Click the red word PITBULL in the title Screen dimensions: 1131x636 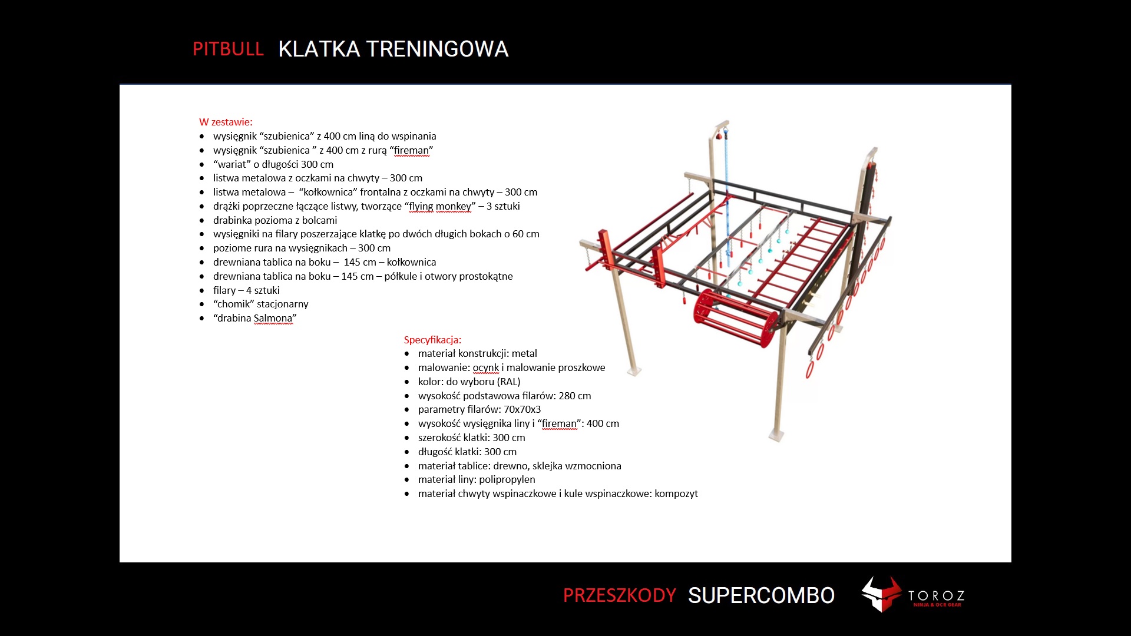pyautogui.click(x=228, y=49)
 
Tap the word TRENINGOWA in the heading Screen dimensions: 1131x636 pyautogui.click(x=437, y=49)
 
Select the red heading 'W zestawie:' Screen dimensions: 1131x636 pyautogui.click(x=226, y=122)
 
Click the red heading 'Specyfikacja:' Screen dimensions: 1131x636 pyautogui.click(x=432, y=340)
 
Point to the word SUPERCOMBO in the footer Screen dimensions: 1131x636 pyautogui.click(x=761, y=595)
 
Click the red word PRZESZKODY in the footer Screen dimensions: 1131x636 pyautogui.click(x=619, y=595)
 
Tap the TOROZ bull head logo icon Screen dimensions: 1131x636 pyautogui.click(x=881, y=594)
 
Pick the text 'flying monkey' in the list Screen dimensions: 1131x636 pyautogui.click(x=440, y=206)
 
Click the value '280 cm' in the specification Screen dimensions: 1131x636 pyautogui.click(x=574, y=396)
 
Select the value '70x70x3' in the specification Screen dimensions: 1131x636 pyautogui.click(x=522, y=409)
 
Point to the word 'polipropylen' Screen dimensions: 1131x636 pyautogui.click(x=507, y=479)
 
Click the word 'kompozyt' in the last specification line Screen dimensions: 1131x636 pyautogui.click(x=676, y=493)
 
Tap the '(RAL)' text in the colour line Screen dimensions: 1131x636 pyautogui.click(x=509, y=382)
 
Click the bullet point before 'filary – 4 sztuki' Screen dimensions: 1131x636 pyautogui.click(x=202, y=290)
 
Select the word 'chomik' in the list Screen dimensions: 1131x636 pyautogui.click(x=234, y=304)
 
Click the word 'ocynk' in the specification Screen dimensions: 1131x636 pyautogui.click(x=485, y=367)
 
